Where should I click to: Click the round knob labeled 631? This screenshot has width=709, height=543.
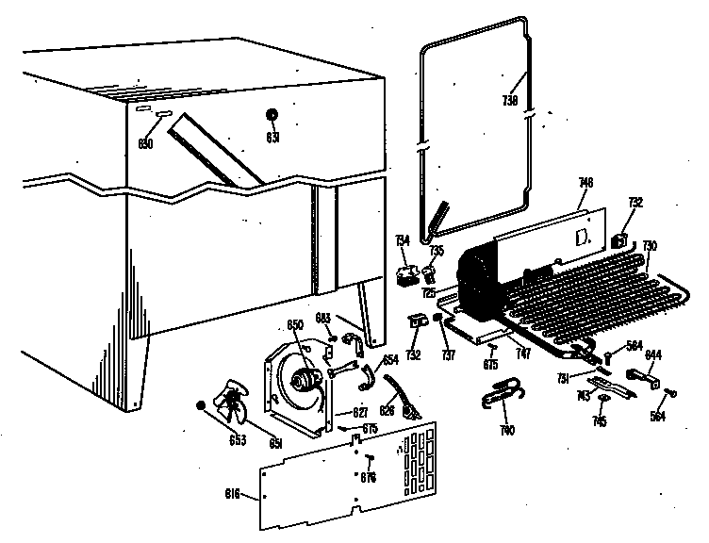[272, 115]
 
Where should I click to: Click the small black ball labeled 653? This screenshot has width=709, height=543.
[201, 405]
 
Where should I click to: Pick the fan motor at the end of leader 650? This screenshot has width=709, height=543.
[306, 379]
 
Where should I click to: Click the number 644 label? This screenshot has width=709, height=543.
[652, 354]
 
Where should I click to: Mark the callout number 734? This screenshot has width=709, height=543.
[402, 243]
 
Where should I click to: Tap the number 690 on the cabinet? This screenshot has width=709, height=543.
[145, 143]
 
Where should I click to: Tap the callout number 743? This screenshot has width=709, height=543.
[585, 393]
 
